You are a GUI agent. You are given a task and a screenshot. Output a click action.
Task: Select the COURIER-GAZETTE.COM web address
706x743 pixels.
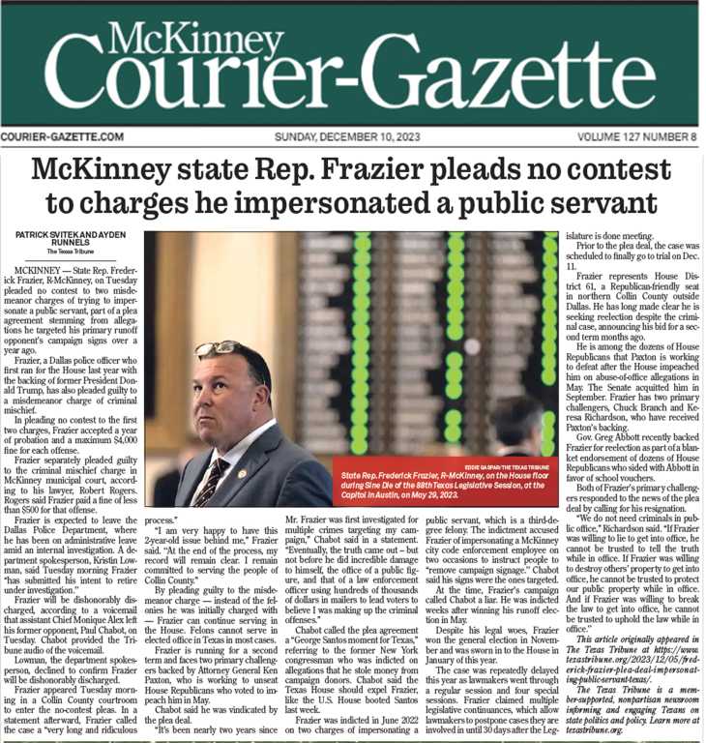63,137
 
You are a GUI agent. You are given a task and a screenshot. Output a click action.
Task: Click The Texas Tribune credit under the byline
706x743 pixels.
66,253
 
